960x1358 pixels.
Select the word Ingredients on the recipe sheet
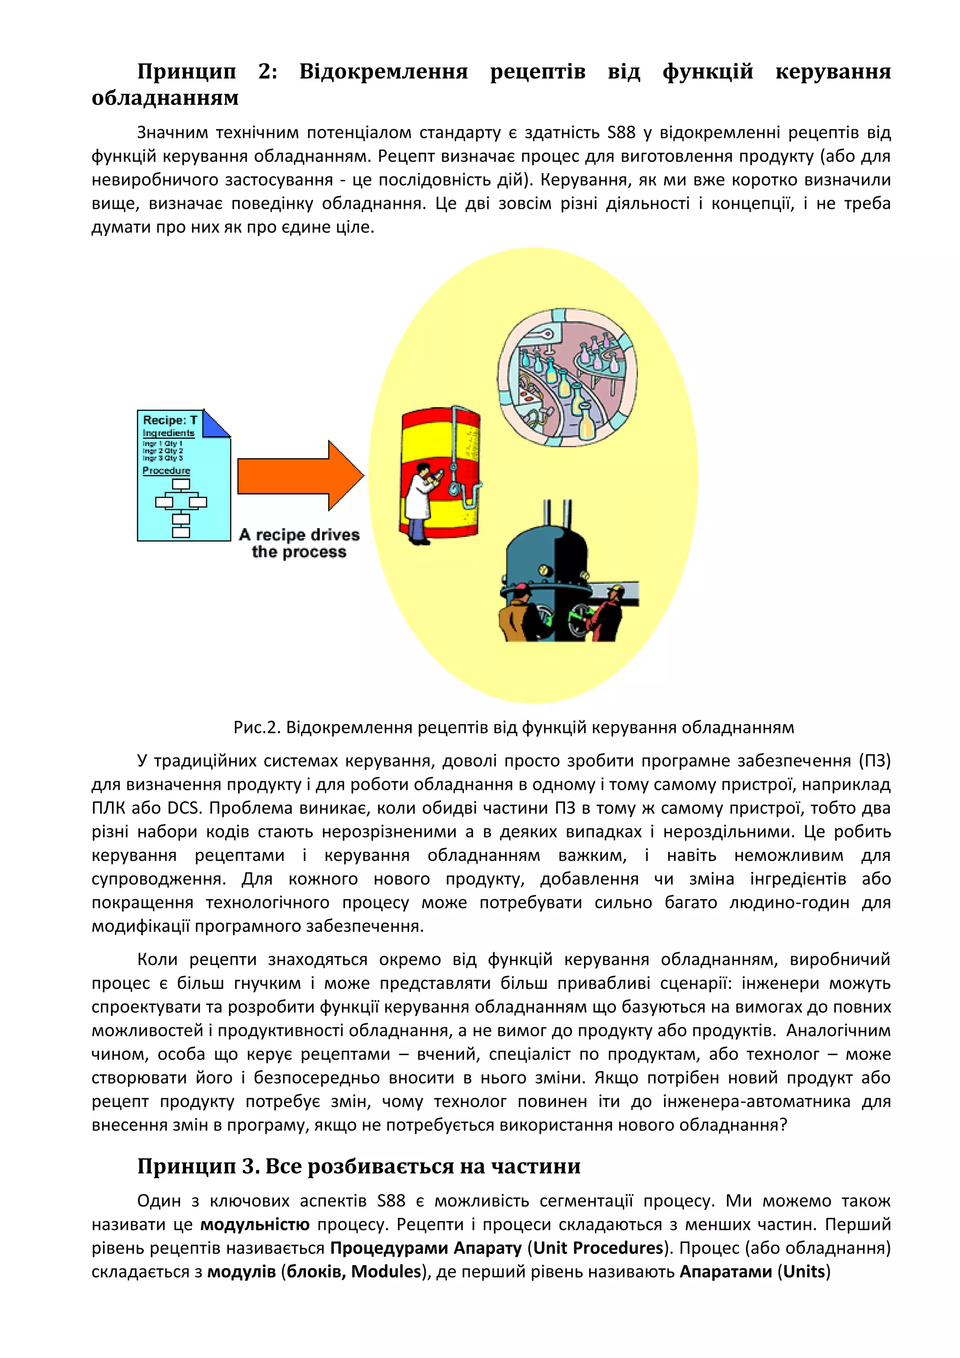[x=168, y=433]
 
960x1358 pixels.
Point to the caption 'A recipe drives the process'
[x=299, y=543]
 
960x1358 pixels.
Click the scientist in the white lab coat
[x=423, y=503]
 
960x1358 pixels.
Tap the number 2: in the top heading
[x=268, y=72]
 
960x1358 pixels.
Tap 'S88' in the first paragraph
[x=621, y=133]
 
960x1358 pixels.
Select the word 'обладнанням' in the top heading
[x=165, y=98]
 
